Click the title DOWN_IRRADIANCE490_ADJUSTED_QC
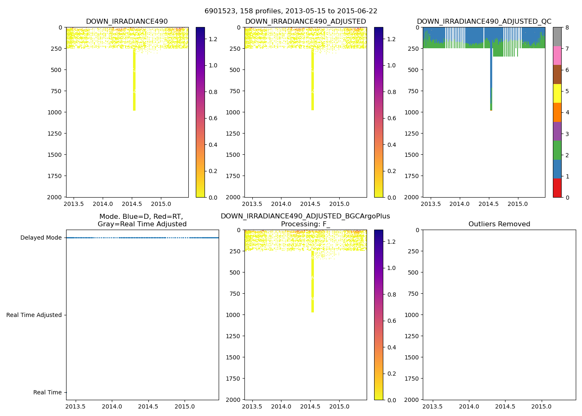484,22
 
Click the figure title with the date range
291,11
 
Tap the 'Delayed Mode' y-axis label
41,238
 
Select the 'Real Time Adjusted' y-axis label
34,315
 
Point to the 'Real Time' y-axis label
47,393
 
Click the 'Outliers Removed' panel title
499,224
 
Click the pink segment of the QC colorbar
557,55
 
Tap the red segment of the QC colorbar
557,188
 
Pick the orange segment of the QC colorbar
557,112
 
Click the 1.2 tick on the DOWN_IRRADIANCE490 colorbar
213,39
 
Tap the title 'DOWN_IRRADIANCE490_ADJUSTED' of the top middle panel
306,22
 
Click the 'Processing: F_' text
306,224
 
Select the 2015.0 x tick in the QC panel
518,204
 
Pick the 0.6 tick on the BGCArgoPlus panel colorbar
392,321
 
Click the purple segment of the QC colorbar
557,131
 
